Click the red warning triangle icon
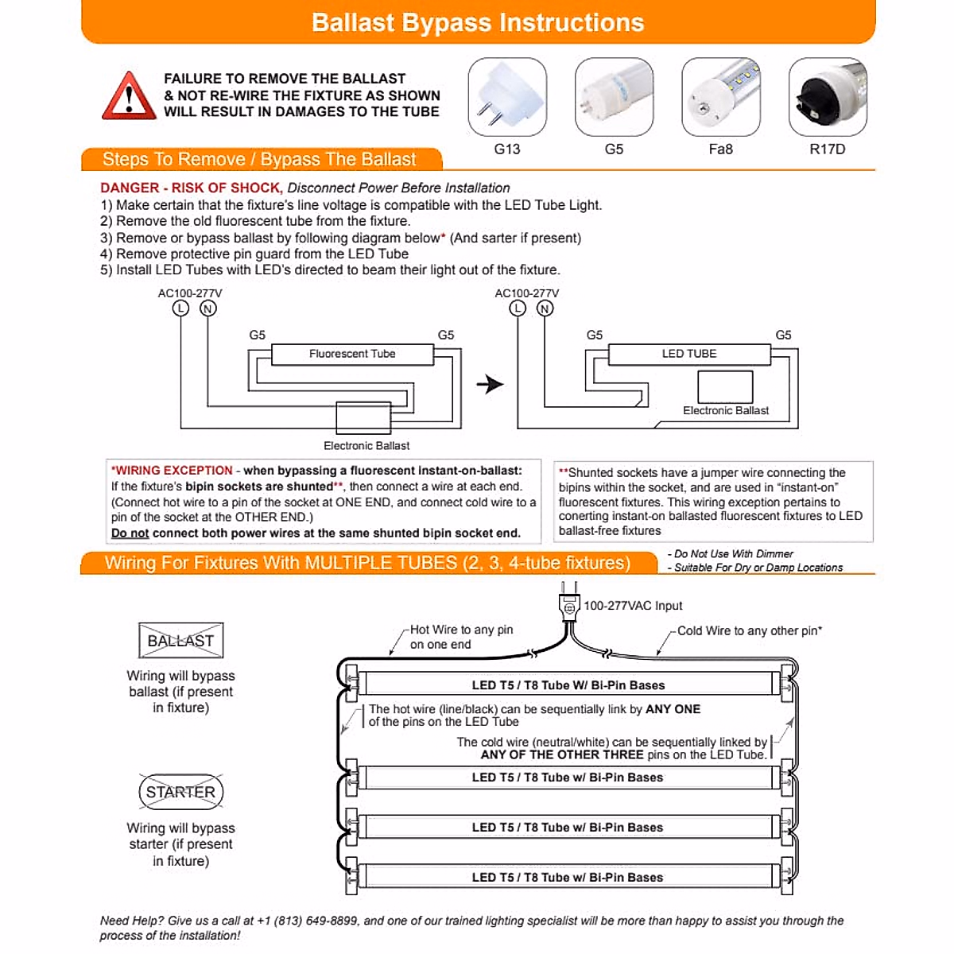(129, 96)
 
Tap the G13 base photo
(507, 97)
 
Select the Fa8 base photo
(720, 97)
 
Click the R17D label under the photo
(827, 149)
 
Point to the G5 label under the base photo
(614, 149)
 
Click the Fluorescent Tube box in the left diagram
(352, 354)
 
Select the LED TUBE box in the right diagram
(689, 354)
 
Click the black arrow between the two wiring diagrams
(491, 385)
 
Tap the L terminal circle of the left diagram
(181, 308)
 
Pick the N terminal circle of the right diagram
(545, 308)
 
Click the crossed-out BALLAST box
(180, 641)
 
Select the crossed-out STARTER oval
(180, 792)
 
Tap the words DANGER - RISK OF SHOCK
(191, 188)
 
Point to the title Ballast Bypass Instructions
(478, 22)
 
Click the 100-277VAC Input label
(633, 606)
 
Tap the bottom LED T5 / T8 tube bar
(567, 878)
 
